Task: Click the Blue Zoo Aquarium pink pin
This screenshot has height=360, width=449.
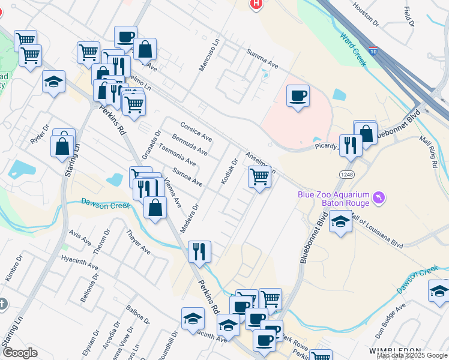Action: click(x=378, y=197)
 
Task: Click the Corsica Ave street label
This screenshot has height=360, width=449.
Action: click(x=196, y=130)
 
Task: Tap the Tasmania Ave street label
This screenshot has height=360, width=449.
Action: click(x=177, y=154)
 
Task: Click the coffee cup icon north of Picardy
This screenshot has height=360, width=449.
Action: click(x=297, y=96)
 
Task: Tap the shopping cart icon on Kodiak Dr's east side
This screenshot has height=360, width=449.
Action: click(x=259, y=177)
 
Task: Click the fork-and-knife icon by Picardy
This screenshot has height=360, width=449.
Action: click(x=351, y=144)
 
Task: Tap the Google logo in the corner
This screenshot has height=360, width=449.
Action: click(x=19, y=353)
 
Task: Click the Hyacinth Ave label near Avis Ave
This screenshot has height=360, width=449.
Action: click(x=80, y=262)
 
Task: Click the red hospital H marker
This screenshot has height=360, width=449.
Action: click(x=256, y=4)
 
